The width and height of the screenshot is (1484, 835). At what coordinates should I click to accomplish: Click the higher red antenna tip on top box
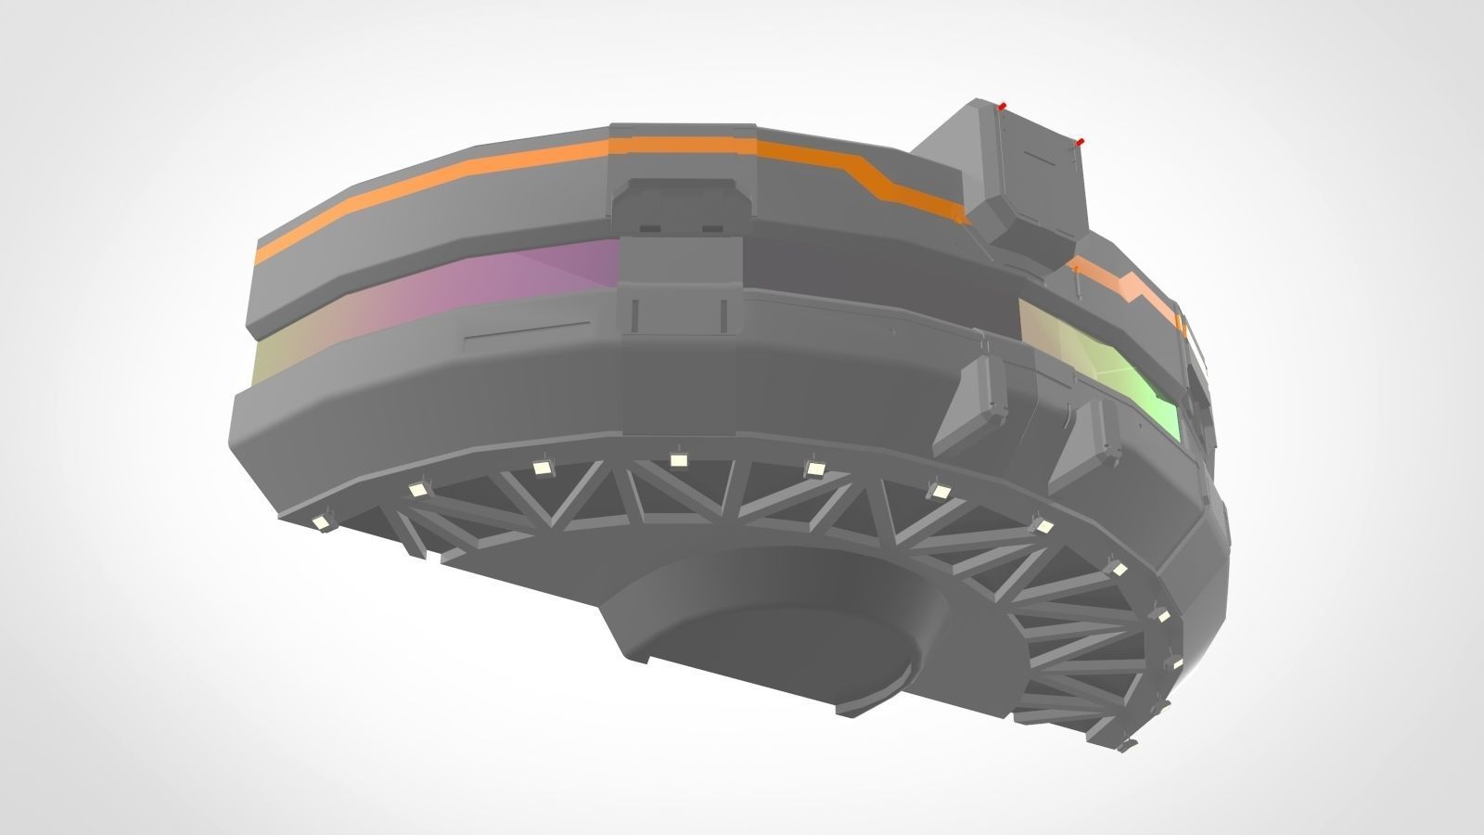pyautogui.click(x=1002, y=106)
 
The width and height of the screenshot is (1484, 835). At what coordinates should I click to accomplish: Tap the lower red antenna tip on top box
pyautogui.click(x=1081, y=141)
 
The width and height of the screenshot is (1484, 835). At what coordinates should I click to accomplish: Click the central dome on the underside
pyautogui.click(x=779, y=649)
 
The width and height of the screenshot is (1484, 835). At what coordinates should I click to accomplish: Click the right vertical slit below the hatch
pyautogui.click(x=721, y=315)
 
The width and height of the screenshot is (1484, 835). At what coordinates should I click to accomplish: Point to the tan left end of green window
pyautogui.click(x=1039, y=325)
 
